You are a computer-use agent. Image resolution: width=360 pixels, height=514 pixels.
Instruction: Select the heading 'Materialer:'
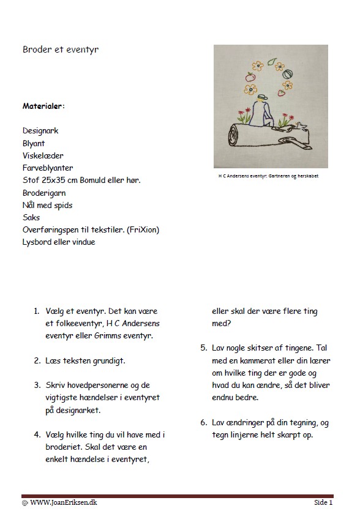coord(43,105)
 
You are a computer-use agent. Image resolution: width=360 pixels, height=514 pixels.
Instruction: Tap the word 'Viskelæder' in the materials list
coord(43,155)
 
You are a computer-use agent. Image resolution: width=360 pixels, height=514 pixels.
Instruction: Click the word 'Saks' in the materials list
coord(31,218)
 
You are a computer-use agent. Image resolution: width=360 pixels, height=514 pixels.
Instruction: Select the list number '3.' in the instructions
coord(37,386)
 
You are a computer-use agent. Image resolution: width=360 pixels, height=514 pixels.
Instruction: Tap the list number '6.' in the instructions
coord(203,422)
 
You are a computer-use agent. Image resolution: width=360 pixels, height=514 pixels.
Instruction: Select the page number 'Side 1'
coord(324,502)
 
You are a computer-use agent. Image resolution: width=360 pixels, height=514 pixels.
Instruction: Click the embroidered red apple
coord(250,78)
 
